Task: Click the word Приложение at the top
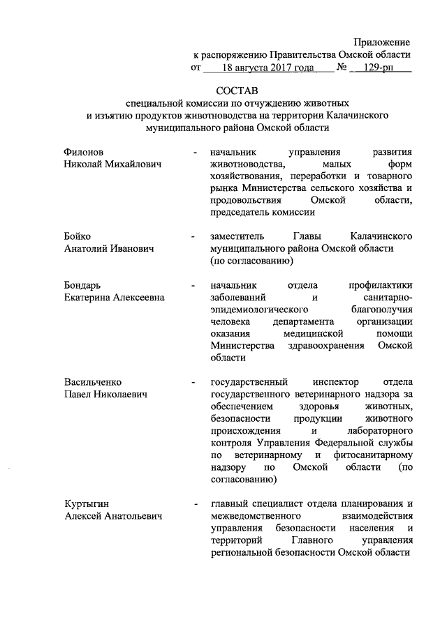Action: click(381, 43)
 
